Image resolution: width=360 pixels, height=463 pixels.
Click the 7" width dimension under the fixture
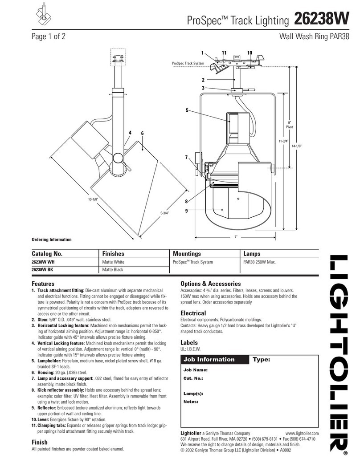click(236, 237)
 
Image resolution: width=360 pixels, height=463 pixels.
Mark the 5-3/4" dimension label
click(165, 212)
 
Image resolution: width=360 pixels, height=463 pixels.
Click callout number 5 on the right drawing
click(187, 110)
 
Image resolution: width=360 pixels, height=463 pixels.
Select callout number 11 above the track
click(225, 53)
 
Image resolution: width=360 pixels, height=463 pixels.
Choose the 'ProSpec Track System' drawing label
click(188, 64)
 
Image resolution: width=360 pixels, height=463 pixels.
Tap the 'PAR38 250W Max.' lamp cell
click(259, 262)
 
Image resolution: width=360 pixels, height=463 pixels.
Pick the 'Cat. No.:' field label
click(193, 378)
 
